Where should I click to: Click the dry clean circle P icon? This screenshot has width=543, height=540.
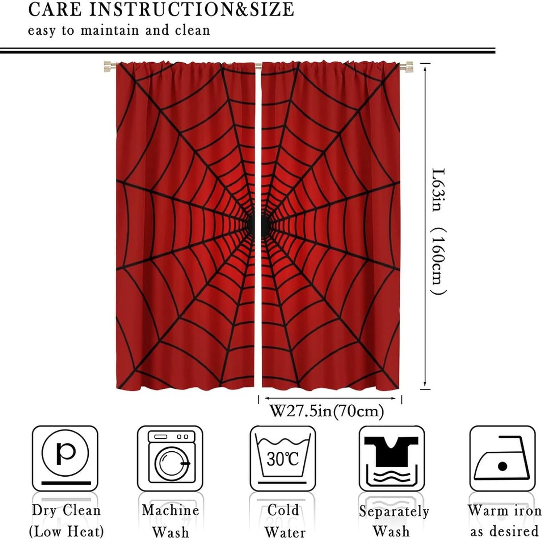pyautogui.click(x=65, y=458)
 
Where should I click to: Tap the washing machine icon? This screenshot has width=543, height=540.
pyautogui.click(x=170, y=458)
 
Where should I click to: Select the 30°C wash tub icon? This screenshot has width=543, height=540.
pyautogui.click(x=282, y=458)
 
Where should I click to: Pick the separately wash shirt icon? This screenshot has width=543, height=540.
pyautogui.click(x=391, y=458)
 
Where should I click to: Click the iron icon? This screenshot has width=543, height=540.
pyautogui.click(x=502, y=458)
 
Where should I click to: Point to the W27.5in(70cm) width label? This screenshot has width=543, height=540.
pyautogui.click(x=327, y=411)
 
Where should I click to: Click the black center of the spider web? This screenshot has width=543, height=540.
pyautogui.click(x=258, y=224)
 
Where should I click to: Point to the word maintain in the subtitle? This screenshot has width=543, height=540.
pyautogui.click(x=110, y=30)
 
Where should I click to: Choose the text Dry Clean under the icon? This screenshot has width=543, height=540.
pyautogui.click(x=66, y=510)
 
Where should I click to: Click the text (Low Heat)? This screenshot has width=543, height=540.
pyautogui.click(x=66, y=531)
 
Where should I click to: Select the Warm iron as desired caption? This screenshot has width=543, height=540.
pyautogui.click(x=504, y=520)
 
